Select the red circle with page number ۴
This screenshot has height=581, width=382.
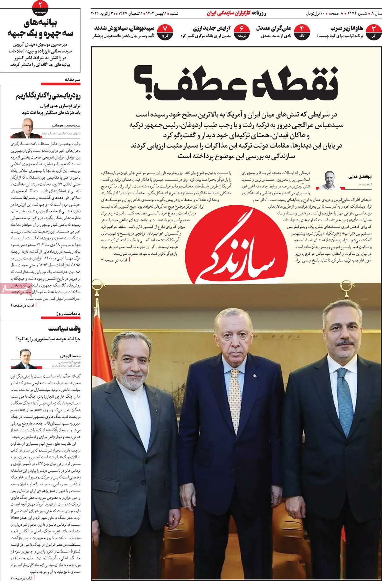tap(301, 31)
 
